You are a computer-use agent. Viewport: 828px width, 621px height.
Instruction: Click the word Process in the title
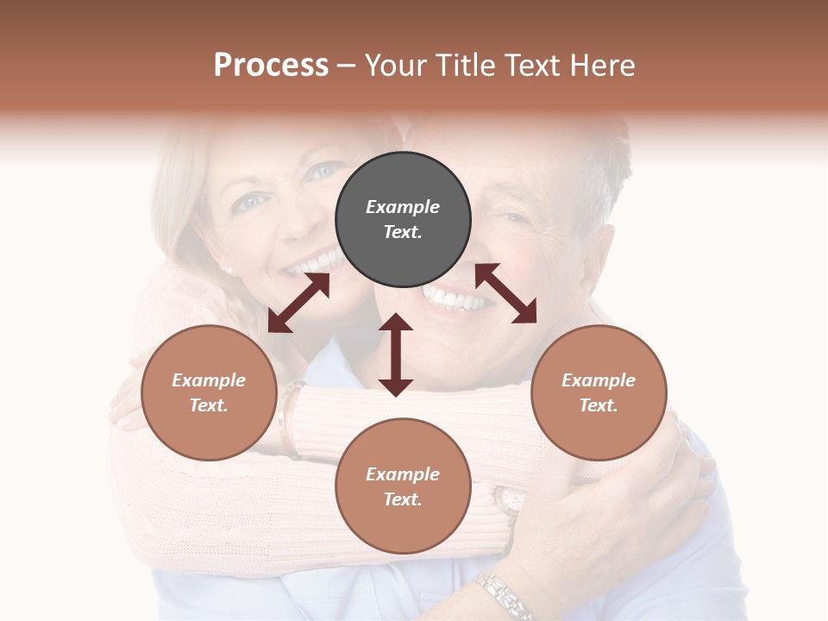coord(271,66)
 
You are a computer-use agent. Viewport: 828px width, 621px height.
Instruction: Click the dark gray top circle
coord(403,220)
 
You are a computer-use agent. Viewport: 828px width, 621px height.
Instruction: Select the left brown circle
coord(209,392)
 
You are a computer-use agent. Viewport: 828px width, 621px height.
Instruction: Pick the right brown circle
coord(599,392)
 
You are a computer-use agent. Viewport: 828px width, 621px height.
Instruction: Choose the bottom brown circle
coord(403,486)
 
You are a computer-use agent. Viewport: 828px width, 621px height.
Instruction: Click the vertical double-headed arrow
coord(396,354)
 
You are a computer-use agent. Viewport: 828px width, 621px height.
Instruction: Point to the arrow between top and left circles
coord(298,303)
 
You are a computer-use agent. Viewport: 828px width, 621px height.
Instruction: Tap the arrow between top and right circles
coord(505,293)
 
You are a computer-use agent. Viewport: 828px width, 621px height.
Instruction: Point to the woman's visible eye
coord(249,202)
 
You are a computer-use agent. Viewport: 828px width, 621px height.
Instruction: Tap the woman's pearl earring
coord(230,270)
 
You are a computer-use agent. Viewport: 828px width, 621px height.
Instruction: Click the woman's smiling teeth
coord(316,261)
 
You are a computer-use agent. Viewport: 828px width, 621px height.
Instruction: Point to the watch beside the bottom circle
coord(510,500)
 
